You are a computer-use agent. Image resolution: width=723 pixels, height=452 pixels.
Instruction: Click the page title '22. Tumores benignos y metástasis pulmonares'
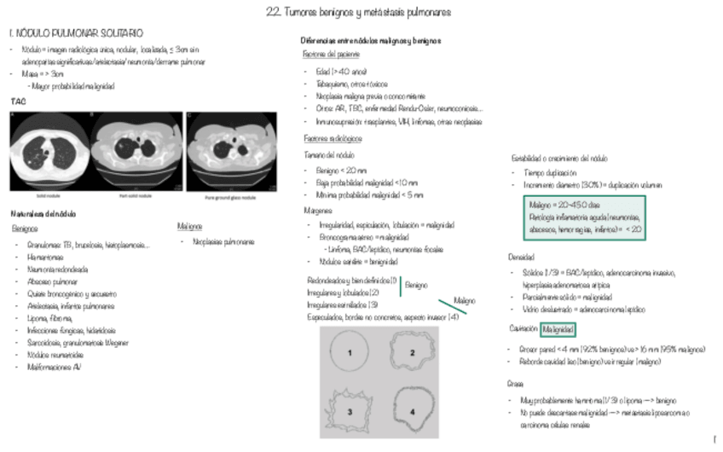point(362,13)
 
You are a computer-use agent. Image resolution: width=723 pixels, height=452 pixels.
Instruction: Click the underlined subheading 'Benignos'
point(25,229)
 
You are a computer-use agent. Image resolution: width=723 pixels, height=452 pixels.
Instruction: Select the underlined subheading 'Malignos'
point(189,228)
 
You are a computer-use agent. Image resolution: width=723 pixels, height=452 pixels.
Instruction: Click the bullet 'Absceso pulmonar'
point(53,281)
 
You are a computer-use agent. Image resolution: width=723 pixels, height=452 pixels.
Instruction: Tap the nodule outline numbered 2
point(411,352)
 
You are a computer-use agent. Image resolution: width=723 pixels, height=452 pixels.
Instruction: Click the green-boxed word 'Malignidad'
point(558,329)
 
